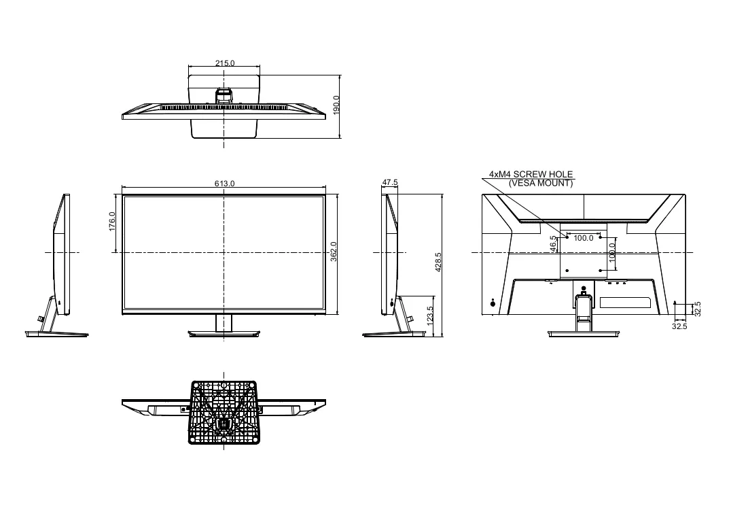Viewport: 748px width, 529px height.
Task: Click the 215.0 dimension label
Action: [225, 63]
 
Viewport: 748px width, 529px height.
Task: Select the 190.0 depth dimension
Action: [336, 105]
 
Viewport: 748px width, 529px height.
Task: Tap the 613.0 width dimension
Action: [224, 184]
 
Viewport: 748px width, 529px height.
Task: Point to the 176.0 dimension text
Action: [112, 222]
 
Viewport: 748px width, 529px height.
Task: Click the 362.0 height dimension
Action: [334, 252]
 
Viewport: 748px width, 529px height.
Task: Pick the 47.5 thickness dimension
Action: [390, 182]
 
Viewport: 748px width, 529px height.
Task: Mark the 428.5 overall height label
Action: [438, 262]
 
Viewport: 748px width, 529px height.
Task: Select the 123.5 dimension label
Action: [429, 316]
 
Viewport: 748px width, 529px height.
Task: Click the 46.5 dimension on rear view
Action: [553, 244]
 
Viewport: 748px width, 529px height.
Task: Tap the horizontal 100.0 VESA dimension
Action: [584, 238]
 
